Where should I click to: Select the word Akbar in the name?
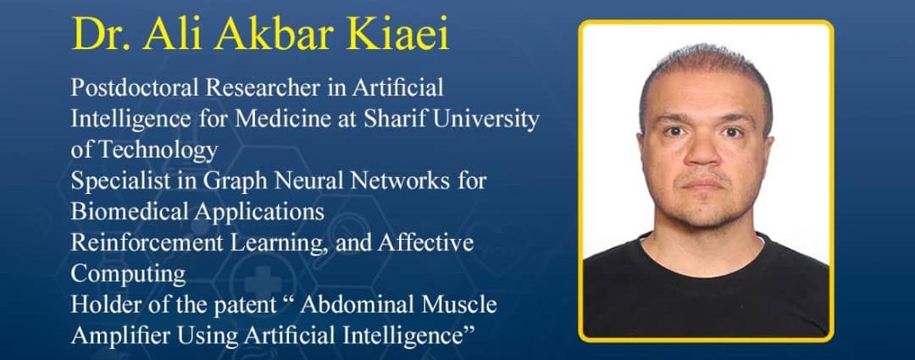click(x=308, y=36)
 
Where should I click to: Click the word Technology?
click(x=158, y=150)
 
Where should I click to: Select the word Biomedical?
click(x=129, y=211)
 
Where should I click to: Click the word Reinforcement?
click(x=147, y=243)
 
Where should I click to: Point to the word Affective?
click(x=425, y=243)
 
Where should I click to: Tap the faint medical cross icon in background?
click(x=263, y=281)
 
